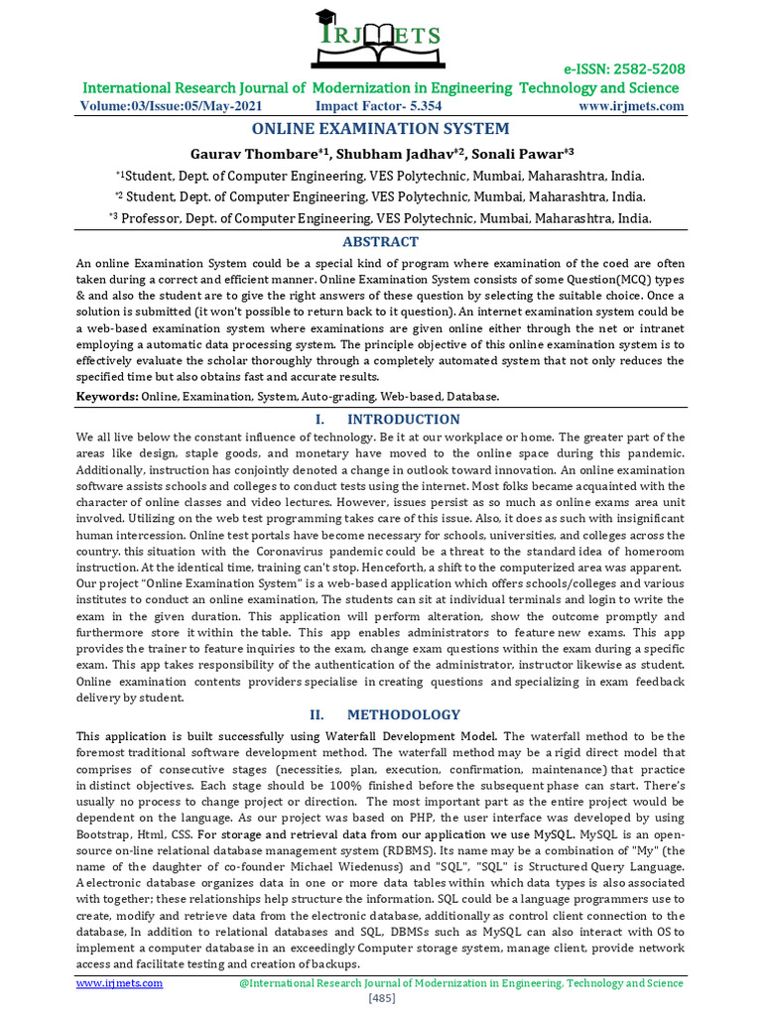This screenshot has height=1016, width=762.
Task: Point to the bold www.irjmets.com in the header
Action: click(x=631, y=106)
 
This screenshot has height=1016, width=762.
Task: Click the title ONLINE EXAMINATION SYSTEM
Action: click(x=380, y=129)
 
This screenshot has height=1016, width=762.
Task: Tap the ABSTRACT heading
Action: click(x=380, y=242)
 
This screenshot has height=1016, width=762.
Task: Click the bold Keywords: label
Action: click(x=107, y=396)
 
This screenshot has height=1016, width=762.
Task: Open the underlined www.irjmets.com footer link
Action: click(x=120, y=983)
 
